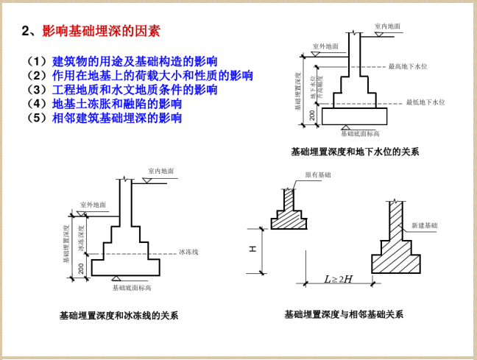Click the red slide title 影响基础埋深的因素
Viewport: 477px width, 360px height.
101,31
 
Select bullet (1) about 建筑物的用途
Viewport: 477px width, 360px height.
135,61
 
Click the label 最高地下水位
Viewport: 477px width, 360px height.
408,66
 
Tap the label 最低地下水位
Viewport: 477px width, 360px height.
425,102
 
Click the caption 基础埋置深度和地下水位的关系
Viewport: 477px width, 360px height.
355,152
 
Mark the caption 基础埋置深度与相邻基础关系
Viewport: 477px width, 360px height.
344,314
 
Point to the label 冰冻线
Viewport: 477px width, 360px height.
188,252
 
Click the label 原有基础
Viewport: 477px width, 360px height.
318,175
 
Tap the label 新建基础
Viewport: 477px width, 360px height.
424,225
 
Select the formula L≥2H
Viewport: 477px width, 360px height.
339,279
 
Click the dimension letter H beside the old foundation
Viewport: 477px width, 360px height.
252,249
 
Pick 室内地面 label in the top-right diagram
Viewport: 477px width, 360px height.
387,26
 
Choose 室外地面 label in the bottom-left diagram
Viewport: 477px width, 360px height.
93,205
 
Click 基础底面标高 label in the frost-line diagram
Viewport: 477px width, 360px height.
132,287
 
